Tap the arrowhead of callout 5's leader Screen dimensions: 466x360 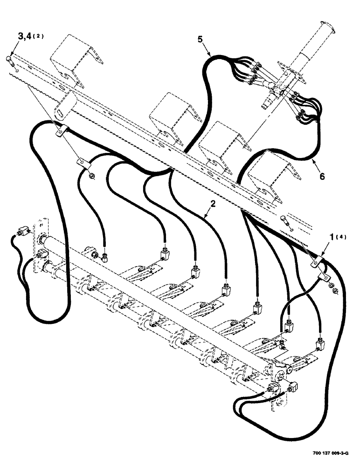211,55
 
